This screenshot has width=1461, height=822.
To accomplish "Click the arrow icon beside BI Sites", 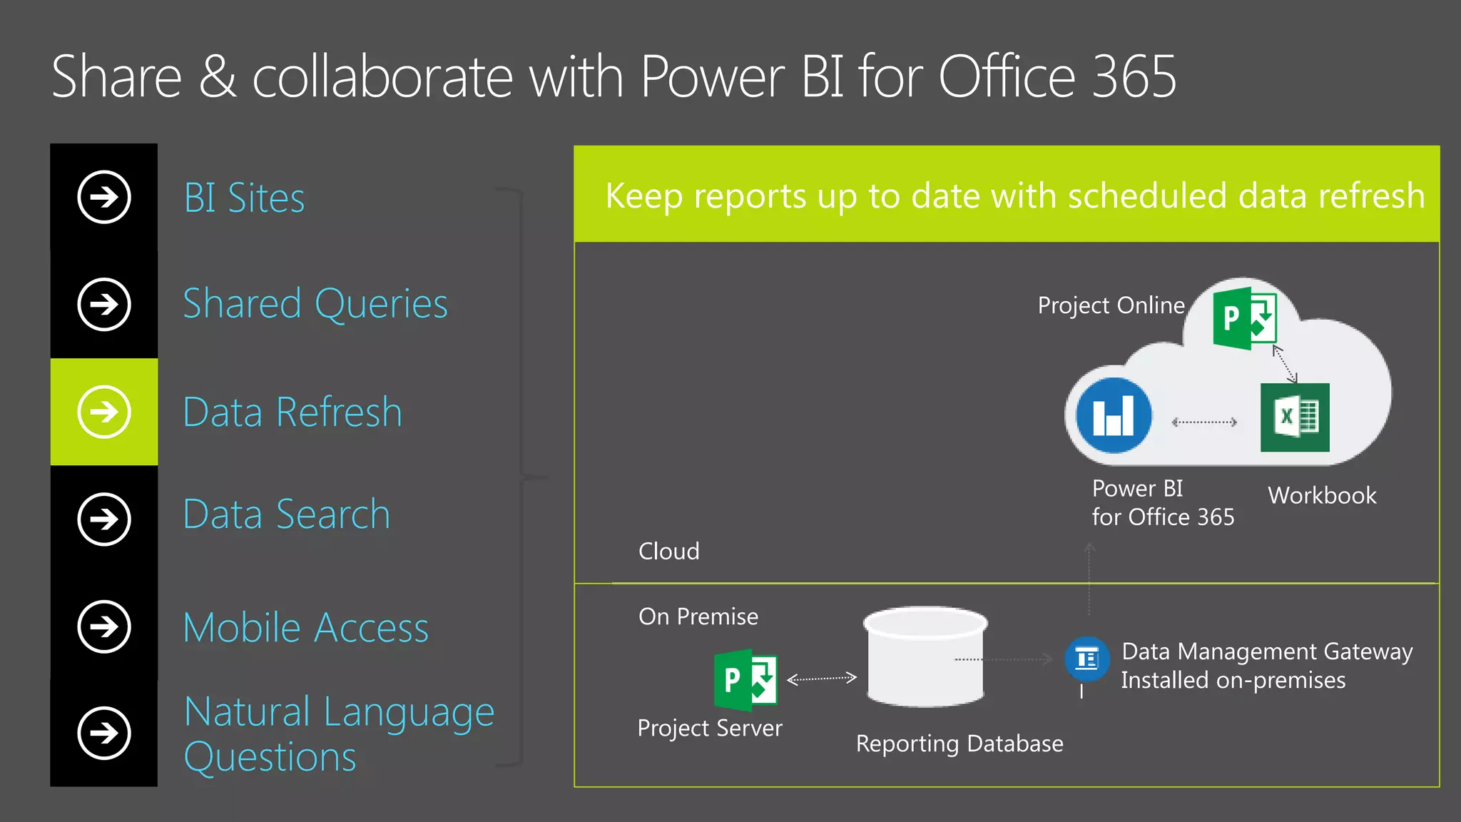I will point(104,197).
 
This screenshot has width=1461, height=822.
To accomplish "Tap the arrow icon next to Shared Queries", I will point(104,305).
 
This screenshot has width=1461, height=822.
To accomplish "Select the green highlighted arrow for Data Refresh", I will point(104,412).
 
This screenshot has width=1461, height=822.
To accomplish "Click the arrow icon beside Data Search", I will point(104,519).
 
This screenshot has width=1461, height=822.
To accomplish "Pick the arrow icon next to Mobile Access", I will point(104,626).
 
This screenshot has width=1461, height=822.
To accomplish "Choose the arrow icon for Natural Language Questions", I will point(104,733).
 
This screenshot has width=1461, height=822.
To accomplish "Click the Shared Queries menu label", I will point(315,305).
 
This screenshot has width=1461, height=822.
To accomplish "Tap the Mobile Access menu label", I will point(306,628).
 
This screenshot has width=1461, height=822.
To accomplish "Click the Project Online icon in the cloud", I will point(1245,318).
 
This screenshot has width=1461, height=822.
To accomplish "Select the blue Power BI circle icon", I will point(1114,415).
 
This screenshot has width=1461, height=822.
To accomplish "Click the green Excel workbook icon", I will point(1295,417).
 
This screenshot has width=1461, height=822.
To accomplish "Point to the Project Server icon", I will point(745,680).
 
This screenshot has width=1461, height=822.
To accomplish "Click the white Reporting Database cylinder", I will point(925,657).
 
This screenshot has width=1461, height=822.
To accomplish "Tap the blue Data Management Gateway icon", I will point(1086,658).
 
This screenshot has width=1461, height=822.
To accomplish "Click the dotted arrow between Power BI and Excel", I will point(1204,422).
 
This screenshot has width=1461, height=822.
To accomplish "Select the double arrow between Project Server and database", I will point(821,678).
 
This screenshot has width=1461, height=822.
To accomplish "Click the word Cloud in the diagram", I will point(668,552).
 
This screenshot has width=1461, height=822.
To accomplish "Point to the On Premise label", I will point(698,616).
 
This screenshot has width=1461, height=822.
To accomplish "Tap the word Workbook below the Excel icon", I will point(1322,496).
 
